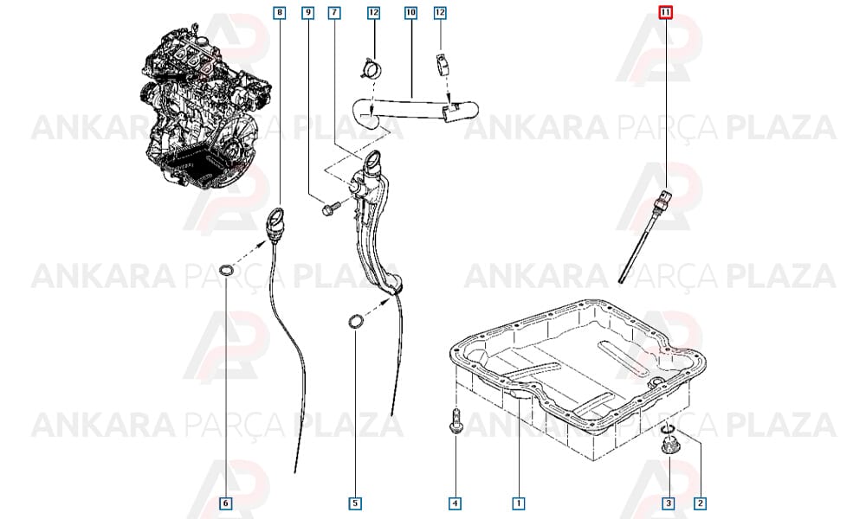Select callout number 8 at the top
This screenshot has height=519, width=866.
coord(280,12)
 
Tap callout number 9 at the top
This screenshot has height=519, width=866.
coord(308,12)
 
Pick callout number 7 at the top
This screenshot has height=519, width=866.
coord(334,12)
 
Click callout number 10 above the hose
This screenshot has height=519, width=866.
coord(410,12)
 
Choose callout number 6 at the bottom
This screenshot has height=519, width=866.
coord(225,503)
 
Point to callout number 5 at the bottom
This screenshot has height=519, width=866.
coord(356,503)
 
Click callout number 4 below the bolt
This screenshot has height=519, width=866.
coord(456,503)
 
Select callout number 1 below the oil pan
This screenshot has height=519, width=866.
coord(519,503)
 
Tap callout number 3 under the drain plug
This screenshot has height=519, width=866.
coord(669,503)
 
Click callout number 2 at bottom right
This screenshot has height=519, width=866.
coord(701,503)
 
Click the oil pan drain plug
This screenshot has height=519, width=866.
coord(669,445)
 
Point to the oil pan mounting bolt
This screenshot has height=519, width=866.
coord(456,421)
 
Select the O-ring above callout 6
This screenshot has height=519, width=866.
coord(226,270)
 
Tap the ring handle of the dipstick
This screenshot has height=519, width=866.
coord(275,218)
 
